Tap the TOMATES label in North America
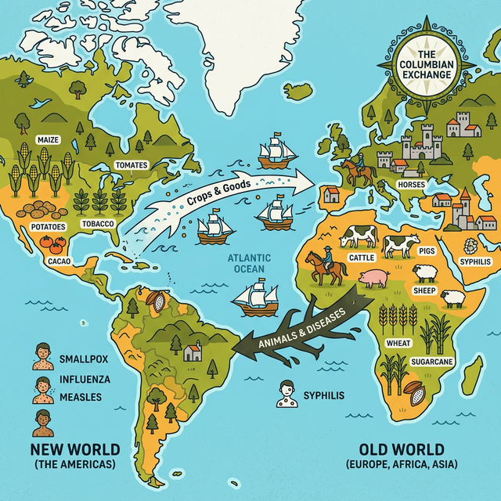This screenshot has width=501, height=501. [130, 166]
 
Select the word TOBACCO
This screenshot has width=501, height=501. [98, 224]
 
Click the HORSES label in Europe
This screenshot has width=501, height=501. [411, 184]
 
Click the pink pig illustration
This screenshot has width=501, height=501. [374, 277]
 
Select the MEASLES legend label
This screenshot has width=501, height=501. [80, 397]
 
